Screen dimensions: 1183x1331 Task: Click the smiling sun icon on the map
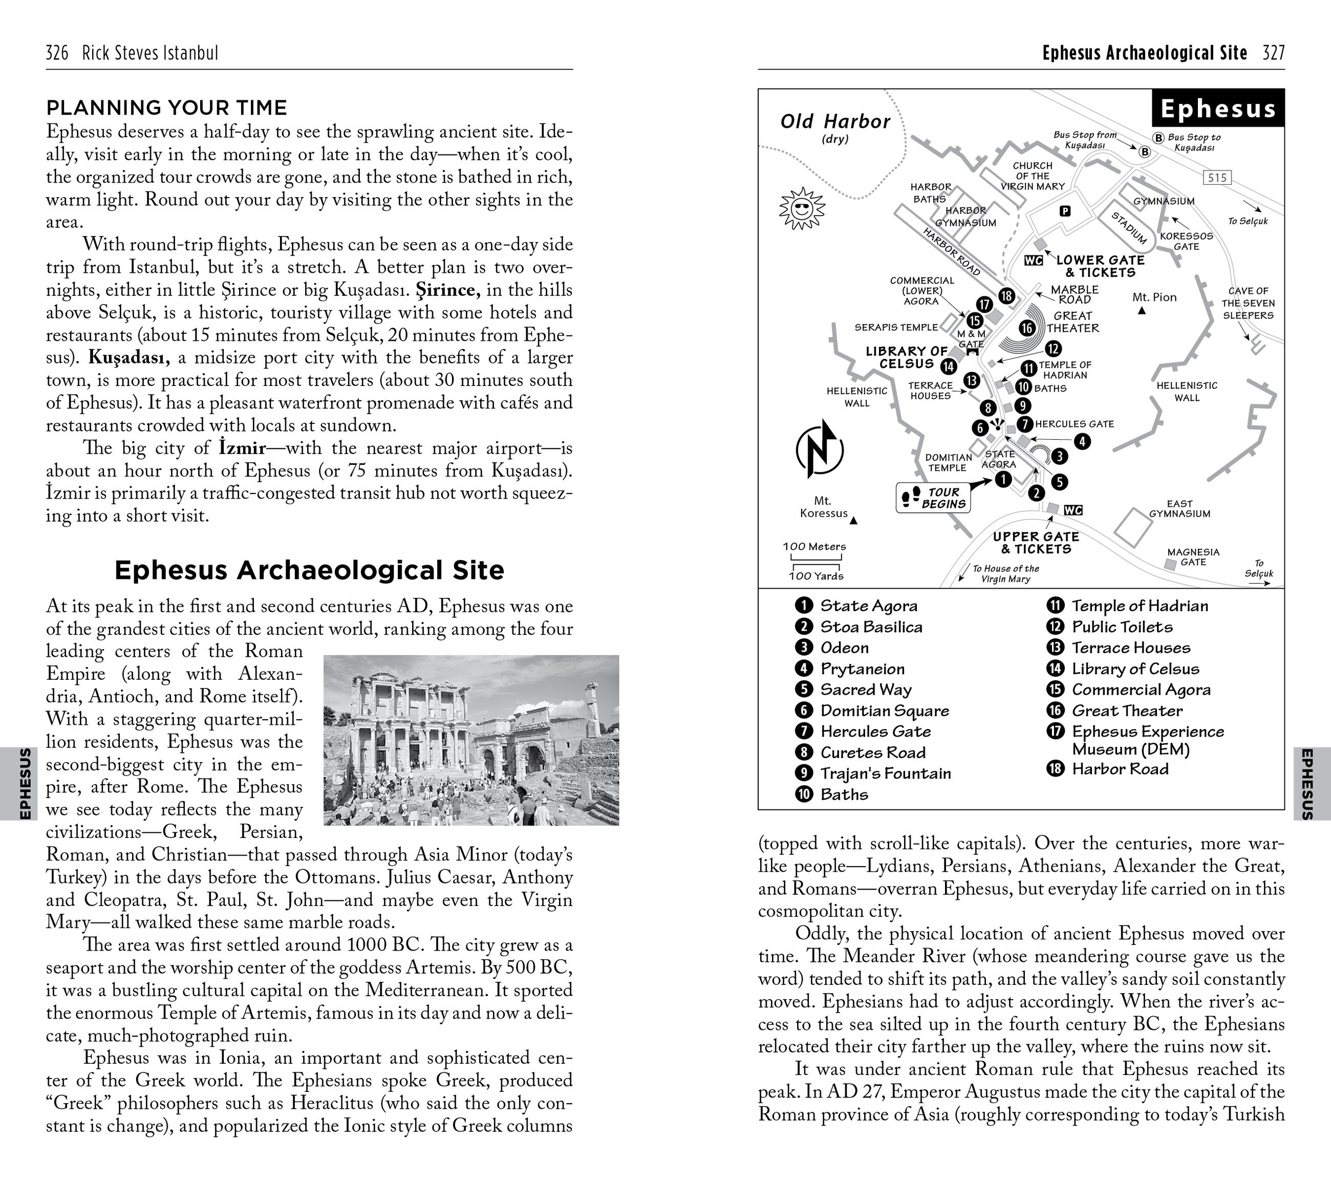coord(802,209)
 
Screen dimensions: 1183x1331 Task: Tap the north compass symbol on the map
coord(819,449)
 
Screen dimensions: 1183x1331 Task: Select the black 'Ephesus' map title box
coord(1217,108)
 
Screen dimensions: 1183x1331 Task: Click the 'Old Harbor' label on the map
coord(835,122)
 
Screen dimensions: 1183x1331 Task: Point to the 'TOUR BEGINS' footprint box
coord(933,498)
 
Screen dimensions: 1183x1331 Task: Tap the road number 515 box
coord(1216,178)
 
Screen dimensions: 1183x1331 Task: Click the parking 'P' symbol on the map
coord(1065,211)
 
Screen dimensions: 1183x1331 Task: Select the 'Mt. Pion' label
coord(1154,297)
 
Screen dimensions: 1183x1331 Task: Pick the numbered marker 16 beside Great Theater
coord(1027,328)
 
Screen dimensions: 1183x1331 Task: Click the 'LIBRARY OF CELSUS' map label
coord(906,357)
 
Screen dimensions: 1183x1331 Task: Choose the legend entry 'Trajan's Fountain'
coord(885,773)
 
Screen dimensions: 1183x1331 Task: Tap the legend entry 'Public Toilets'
coord(1121,627)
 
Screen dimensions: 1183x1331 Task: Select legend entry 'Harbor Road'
coord(1120,769)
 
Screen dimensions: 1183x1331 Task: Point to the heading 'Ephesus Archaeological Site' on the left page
coord(309,570)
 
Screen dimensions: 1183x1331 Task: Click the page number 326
coord(57,53)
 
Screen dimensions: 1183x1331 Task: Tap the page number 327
coord(1273,53)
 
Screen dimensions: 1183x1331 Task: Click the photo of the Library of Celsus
coord(471,740)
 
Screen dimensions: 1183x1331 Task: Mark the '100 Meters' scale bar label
coord(814,546)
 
